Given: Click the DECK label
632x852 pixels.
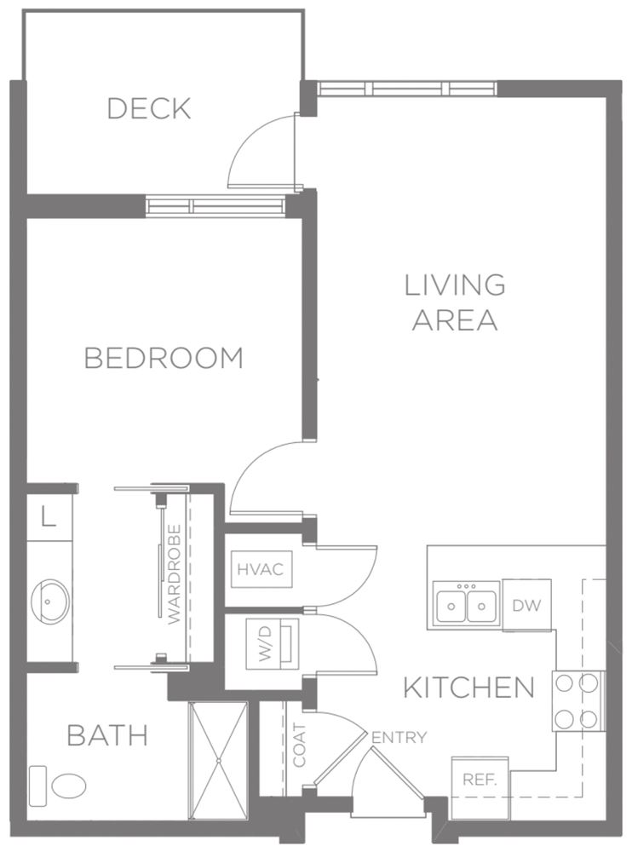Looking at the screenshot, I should coord(148,109).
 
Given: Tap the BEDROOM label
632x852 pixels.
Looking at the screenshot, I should coord(164,359).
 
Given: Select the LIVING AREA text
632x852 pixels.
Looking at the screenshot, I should coord(455,302).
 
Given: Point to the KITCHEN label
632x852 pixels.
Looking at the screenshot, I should coord(468,688).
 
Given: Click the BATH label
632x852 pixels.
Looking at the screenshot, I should coord(107,734).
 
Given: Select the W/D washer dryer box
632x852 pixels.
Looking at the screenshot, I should coord(272,644).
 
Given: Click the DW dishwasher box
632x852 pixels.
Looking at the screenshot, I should coord(526,605).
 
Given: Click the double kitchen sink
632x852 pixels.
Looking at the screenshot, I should coord(465,606).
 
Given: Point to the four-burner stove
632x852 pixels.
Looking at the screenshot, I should coord(578,700).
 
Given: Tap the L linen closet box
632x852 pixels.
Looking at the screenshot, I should coord(49,518).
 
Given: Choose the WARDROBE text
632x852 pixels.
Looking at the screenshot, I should coord(175,575).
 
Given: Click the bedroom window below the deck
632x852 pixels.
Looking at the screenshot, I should coord(215,205).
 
